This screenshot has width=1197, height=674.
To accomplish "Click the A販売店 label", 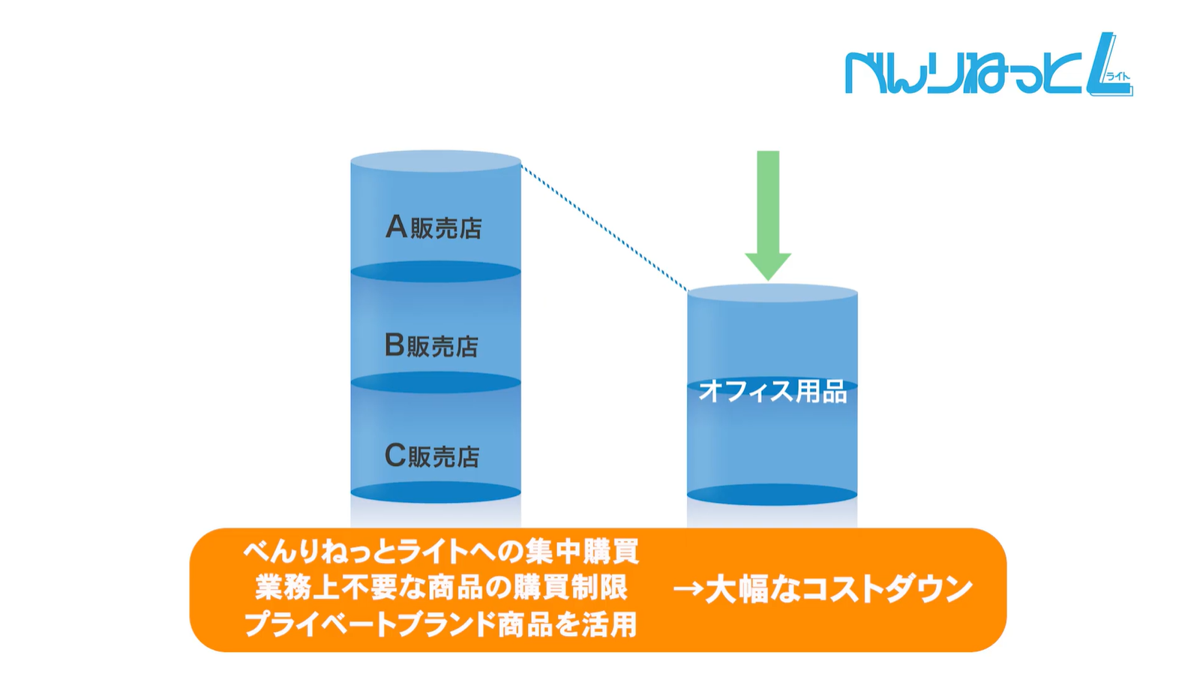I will tap(434, 227).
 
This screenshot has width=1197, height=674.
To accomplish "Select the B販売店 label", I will tap(432, 345).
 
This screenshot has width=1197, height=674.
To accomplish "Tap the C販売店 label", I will tap(432, 456).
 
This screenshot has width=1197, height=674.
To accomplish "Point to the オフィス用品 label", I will tap(772, 391).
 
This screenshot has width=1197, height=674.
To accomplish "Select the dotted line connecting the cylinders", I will tap(604, 228).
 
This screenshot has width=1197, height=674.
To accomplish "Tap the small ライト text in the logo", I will tap(1117, 76).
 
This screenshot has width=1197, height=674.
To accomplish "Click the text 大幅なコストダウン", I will tap(838, 589).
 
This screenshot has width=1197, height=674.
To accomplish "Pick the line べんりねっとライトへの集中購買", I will tap(441, 552).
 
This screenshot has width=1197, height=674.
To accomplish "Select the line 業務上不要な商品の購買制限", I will tap(441, 588).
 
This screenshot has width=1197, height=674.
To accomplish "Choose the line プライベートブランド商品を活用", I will tap(441, 624).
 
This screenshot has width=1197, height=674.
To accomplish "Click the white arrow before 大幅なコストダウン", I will tap(688, 589).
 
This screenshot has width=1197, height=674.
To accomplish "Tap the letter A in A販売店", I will tap(396, 226).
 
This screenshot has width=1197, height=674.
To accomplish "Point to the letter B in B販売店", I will tap(394, 345).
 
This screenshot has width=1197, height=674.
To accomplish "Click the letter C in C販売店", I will tap(394, 455).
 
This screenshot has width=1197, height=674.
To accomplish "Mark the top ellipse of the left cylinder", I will tap(436, 161).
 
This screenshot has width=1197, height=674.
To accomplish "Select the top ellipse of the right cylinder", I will tap(772, 293).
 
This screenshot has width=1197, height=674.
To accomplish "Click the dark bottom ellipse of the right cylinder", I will tap(772, 495).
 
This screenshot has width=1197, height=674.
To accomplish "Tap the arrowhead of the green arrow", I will tap(768, 266).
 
